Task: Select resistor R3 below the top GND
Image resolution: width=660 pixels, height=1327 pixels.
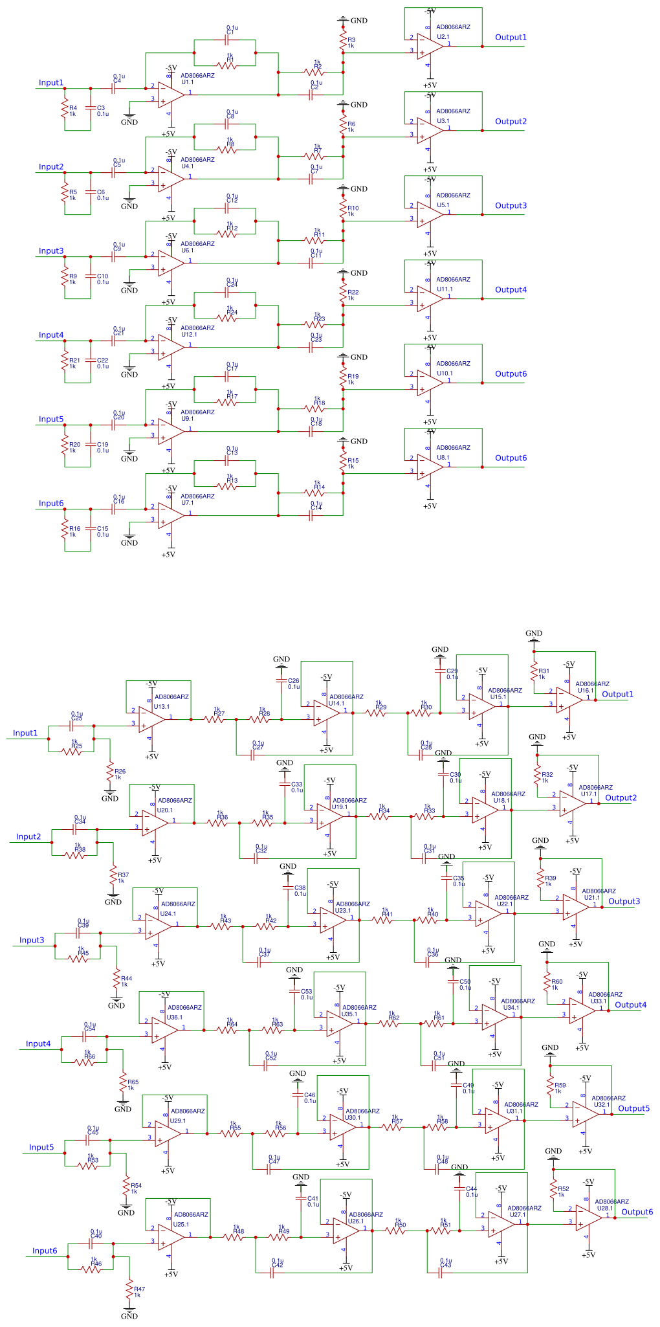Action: pos(343,43)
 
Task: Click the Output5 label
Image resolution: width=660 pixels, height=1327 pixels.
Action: pos(633,1108)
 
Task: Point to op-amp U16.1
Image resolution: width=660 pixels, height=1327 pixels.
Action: pos(569,700)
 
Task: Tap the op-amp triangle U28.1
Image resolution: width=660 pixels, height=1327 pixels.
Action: pos(588,1218)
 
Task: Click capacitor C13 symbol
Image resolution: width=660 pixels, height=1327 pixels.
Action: pos(227,461)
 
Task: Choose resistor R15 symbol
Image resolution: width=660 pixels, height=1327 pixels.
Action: pos(343,463)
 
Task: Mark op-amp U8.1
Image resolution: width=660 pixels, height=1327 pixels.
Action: pos(430,467)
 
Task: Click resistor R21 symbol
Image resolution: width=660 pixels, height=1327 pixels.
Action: pos(65,362)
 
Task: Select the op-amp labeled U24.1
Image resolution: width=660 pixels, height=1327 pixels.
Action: pos(158,927)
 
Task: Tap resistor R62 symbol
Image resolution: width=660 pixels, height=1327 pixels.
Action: pos(393,1023)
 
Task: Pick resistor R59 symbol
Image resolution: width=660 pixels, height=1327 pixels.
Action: pos(550,1085)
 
